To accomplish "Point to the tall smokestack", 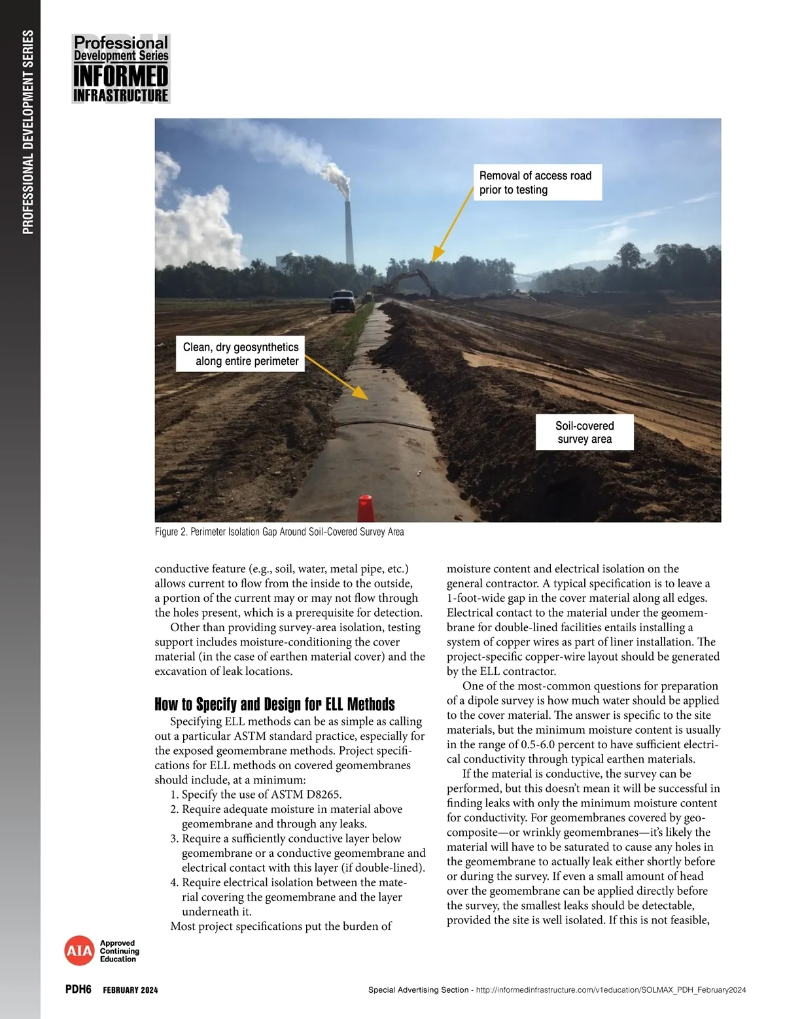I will [349, 229].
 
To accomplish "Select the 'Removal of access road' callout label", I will [535, 182].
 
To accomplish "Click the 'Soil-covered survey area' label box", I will [584, 432].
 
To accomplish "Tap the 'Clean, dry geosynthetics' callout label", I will [240, 354].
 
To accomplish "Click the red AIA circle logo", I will [79, 951].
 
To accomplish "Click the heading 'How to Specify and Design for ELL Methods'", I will [275, 704].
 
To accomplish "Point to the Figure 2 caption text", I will [279, 532].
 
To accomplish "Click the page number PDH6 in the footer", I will [78, 989].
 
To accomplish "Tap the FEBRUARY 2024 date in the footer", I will [130, 990].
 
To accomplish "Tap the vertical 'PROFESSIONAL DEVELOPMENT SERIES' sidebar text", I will [27, 131].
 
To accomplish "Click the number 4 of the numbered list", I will [174, 882].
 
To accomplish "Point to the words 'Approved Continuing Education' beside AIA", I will [119, 951].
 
